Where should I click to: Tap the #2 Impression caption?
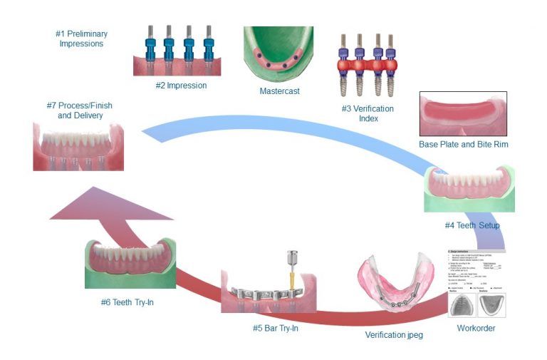[181, 86]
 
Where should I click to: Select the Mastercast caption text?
[280, 91]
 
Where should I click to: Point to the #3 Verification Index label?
[368, 113]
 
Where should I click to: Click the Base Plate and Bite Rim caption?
[463, 145]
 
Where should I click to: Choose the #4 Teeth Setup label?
[472, 226]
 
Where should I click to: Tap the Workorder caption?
[475, 328]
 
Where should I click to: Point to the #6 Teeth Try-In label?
[127, 302]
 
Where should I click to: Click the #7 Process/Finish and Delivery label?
[79, 110]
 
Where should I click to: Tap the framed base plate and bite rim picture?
[463, 113]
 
